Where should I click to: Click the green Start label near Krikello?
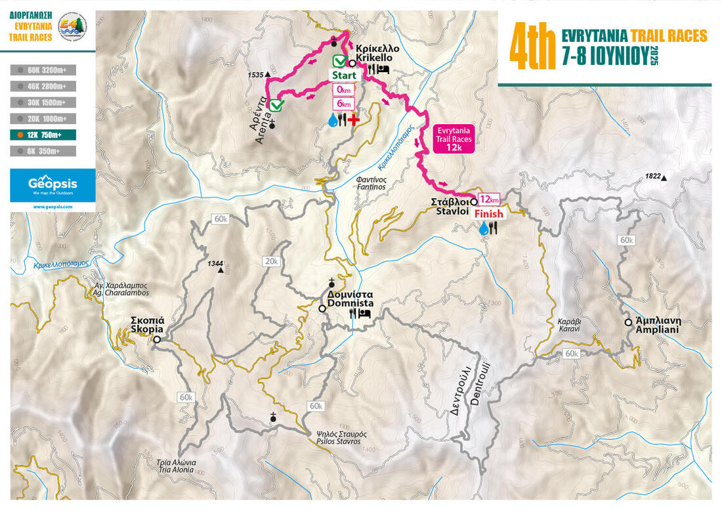[343, 75]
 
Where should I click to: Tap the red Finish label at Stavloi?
[488, 213]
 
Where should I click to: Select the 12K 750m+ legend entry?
[43, 135]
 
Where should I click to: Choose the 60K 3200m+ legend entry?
[43, 69]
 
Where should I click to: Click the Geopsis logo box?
[53, 185]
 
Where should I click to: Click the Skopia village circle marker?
[157, 339]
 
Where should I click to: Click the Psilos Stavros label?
[336, 438]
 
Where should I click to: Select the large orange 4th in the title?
[531, 47]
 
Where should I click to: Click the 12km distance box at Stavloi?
[489, 199]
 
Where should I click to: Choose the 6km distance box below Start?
[344, 104]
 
